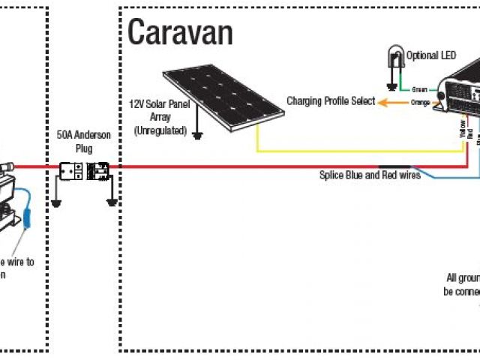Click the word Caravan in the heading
[180, 32]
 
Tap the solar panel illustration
[224, 94]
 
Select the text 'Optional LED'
[430, 55]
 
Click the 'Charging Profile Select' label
[330, 101]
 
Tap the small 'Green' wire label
[420, 89]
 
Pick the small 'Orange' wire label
[421, 103]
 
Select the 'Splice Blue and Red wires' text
[369, 175]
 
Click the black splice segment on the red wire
[394, 166]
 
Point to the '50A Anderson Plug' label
[84, 141]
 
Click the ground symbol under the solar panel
[198, 135]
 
